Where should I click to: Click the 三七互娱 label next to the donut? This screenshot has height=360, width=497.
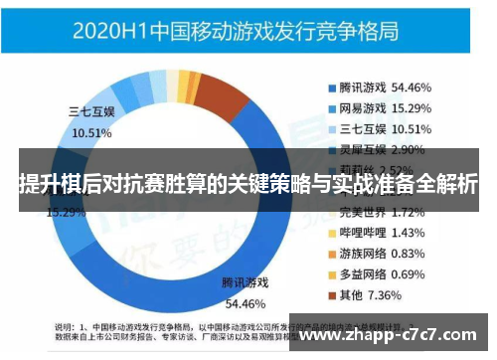91,111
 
